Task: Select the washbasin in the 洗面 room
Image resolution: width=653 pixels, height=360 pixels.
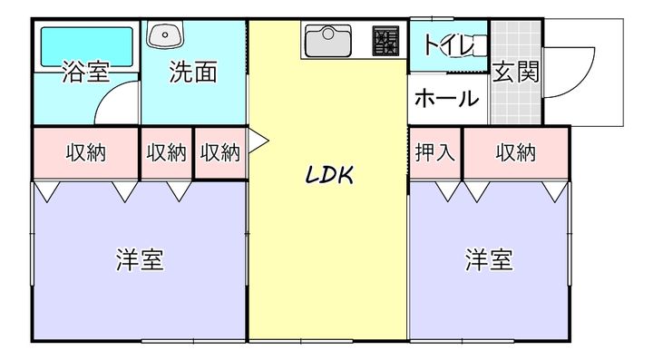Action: click(165, 36)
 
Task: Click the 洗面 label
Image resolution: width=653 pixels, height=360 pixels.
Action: click(193, 73)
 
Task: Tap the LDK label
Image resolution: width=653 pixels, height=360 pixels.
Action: click(327, 175)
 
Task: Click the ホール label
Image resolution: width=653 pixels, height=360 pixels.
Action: click(446, 99)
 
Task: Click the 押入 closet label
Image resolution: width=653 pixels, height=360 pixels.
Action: click(434, 152)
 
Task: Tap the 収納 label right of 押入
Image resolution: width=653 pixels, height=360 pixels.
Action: click(515, 152)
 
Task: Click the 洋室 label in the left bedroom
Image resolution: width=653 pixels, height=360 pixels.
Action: click(140, 260)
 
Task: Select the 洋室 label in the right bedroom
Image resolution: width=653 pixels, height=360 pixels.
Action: click(490, 260)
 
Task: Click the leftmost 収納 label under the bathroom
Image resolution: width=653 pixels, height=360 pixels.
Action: click(85, 152)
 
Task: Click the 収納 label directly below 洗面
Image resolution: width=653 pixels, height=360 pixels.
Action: click(167, 152)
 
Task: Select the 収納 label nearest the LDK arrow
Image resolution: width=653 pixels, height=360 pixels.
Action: click(220, 152)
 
